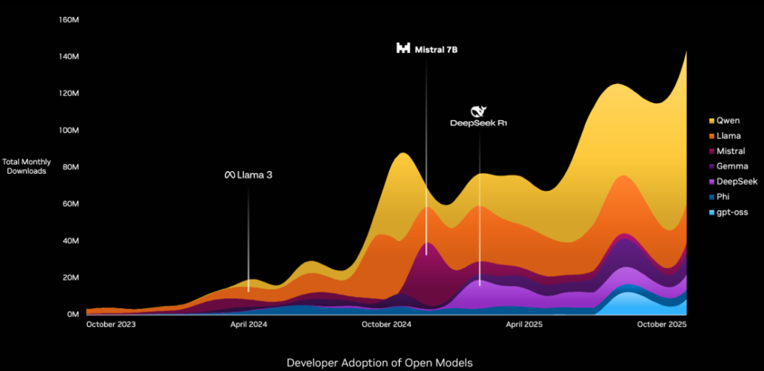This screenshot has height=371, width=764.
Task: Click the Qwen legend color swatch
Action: (711, 120)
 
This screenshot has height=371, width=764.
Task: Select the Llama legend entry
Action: (729, 136)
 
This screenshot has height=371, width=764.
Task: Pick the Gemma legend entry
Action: (731, 166)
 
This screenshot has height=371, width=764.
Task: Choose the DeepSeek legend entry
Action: (736, 182)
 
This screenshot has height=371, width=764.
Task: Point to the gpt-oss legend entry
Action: (732, 212)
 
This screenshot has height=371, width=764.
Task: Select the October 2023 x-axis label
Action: (110, 324)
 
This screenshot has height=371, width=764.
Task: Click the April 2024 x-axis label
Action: (248, 324)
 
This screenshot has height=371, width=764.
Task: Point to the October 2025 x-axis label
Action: (662, 324)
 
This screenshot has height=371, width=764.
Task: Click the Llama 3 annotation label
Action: (248, 175)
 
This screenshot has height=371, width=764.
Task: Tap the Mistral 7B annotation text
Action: (434, 49)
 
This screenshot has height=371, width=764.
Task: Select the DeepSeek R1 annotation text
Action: (479, 123)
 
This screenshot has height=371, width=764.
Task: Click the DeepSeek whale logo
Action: (479, 111)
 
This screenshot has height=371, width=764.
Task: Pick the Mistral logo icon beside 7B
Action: (403, 49)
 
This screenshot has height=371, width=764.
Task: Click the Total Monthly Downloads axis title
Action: (27, 167)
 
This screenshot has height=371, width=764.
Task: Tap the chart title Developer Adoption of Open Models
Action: (379, 363)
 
